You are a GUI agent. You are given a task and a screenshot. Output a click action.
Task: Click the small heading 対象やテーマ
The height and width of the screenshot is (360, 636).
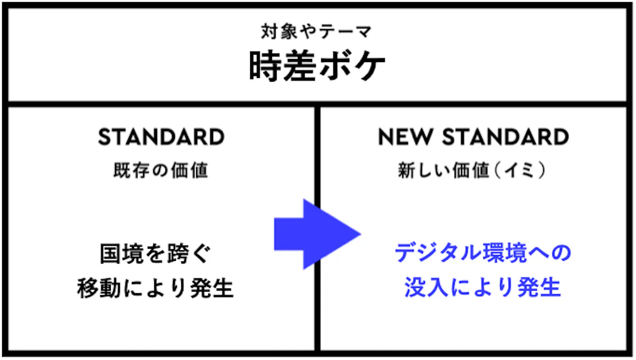[x=316, y=31]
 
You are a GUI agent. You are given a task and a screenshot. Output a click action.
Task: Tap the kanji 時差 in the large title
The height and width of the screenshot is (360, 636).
[x=282, y=66]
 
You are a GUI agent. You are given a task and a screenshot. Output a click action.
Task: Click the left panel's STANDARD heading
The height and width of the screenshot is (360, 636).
[x=161, y=137]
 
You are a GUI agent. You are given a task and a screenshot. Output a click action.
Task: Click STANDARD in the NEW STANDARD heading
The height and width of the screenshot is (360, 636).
[x=506, y=137]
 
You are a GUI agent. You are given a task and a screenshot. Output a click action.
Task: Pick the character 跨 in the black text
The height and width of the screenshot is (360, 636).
[x=178, y=253]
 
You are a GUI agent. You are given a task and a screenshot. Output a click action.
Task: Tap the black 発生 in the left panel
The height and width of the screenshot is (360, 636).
[x=212, y=287]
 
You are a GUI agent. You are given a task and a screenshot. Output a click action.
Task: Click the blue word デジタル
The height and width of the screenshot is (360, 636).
[x=438, y=252]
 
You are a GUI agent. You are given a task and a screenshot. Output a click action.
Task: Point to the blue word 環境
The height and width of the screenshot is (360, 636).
[x=505, y=252]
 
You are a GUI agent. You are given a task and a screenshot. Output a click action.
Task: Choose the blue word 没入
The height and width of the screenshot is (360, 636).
[x=426, y=287]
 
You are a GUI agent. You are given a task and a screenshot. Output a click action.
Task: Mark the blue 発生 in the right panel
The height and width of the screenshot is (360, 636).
[x=540, y=287]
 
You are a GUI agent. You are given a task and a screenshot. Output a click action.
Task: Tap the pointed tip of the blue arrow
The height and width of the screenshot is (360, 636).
[x=361, y=234]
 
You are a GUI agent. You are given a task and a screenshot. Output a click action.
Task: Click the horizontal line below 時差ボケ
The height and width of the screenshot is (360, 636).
[x=317, y=104]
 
